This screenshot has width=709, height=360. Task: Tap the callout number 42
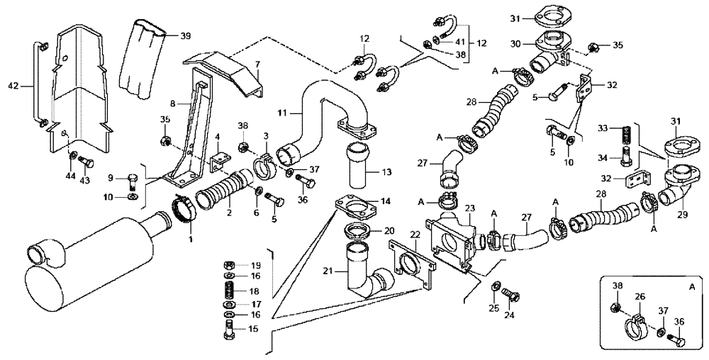(12, 86)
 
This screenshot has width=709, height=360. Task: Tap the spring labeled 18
(228, 291)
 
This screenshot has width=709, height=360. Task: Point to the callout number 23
(469, 208)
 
